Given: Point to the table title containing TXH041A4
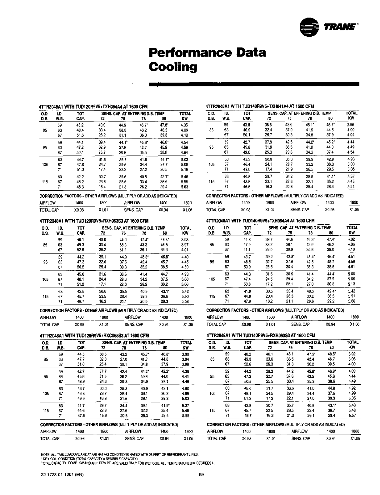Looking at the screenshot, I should pyautogui.click(x=260, y=106).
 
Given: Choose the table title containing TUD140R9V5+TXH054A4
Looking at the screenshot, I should pyautogui.click(x=260, y=221).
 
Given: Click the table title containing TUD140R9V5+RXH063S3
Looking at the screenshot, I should pyautogui.click(x=261, y=335).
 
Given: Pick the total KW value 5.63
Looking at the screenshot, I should pyautogui.click(x=184, y=187).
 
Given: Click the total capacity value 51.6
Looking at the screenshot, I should pyautogui.click(x=80, y=135).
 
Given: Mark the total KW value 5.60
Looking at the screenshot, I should pyautogui.click(x=352, y=301).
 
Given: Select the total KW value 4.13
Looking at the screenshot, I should pyautogui.click(x=184, y=135).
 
